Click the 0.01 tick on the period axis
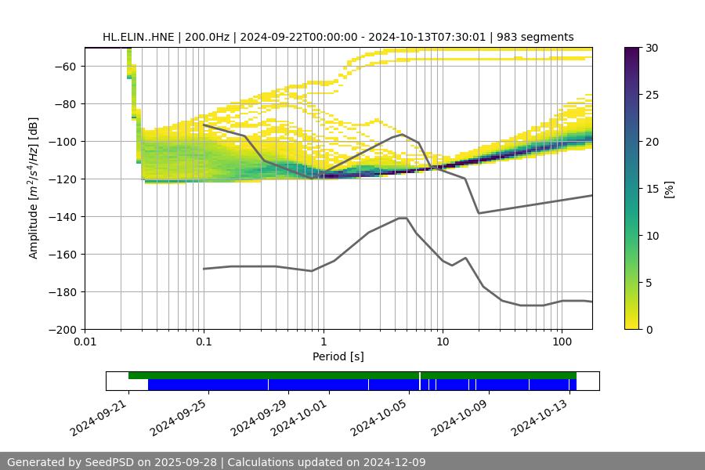pyautogui.click(x=85, y=342)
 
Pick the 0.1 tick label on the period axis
pyautogui.click(x=204, y=342)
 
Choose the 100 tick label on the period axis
pyautogui.click(x=561, y=342)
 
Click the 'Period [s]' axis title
pyautogui.click(x=338, y=357)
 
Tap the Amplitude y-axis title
pyautogui.click(x=34, y=188)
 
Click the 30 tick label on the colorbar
pyautogui.click(x=653, y=48)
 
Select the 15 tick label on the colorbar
pyautogui.click(x=653, y=189)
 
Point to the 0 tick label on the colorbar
pyautogui.click(x=649, y=330)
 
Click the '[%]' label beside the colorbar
pyautogui.click(x=669, y=189)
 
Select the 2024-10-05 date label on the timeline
pyautogui.click(x=381, y=416)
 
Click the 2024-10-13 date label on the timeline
pyautogui.click(x=541, y=416)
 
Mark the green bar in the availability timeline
pyautogui.click(x=352, y=375)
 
